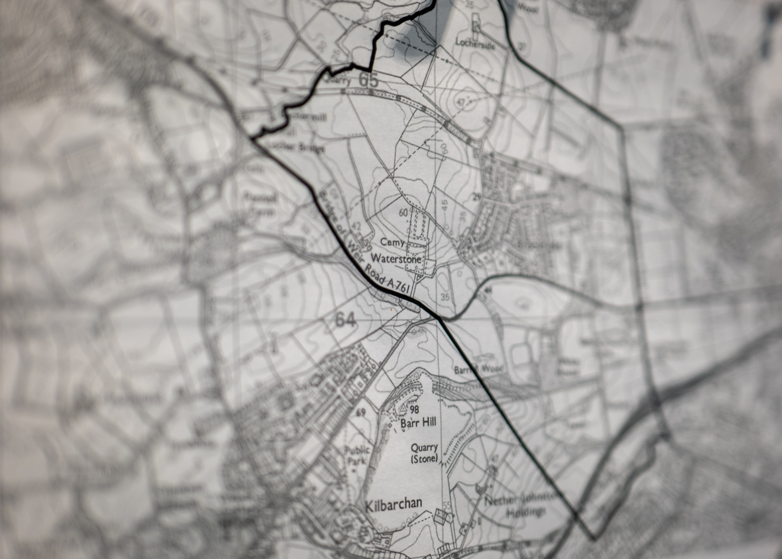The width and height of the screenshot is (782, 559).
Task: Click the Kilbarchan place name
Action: [x=393, y=504]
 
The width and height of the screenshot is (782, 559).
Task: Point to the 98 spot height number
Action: [x=415, y=409]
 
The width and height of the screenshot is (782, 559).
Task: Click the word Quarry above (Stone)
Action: [x=424, y=448]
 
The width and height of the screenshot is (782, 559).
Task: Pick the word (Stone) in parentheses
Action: [x=424, y=459]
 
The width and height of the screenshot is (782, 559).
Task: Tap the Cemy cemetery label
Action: [x=393, y=242]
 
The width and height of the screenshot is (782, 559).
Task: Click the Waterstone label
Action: [x=395, y=259]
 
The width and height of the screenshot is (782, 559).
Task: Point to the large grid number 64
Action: [x=345, y=320]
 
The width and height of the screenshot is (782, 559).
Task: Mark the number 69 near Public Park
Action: [x=360, y=413]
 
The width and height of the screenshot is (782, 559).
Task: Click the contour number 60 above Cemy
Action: [x=403, y=212]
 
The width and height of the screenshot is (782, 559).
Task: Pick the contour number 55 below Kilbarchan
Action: [x=447, y=506]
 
